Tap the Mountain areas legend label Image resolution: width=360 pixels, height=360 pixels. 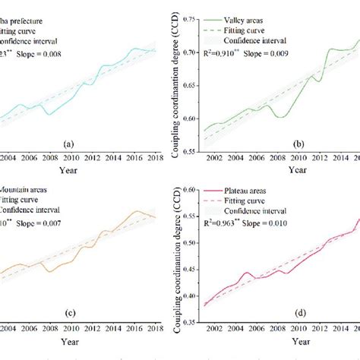click(24, 190)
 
